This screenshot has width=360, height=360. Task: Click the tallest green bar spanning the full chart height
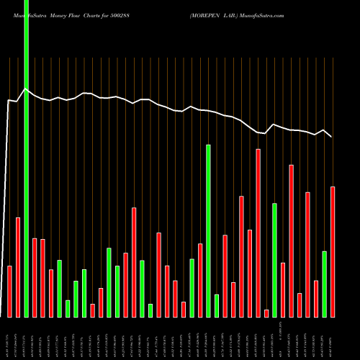point(27,158)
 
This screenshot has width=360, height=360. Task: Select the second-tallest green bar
point(208,230)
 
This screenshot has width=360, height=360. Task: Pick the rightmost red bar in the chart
point(333,251)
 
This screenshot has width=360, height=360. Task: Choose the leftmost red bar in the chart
point(10,291)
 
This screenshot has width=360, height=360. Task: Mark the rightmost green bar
point(324,284)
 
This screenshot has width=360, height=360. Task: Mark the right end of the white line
point(332,136)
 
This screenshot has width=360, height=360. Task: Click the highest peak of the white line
point(27,89)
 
